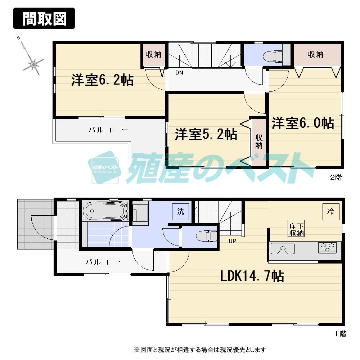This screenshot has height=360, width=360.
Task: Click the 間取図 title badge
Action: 44,18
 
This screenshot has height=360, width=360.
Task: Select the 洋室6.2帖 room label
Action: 102,80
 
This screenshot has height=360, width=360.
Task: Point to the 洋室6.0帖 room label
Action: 303,123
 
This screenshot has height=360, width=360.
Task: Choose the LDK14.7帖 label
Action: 252,276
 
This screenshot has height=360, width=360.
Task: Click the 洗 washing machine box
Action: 180,211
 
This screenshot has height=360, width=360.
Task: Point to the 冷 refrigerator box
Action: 330,211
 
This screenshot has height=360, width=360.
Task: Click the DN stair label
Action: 179,72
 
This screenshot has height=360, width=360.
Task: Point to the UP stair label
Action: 232,241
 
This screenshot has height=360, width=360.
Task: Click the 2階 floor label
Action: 336,177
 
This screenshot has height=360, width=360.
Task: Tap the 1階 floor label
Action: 339,334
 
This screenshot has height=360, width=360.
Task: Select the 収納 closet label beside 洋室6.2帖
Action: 153,54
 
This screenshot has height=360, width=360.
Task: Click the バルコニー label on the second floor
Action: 108,130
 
